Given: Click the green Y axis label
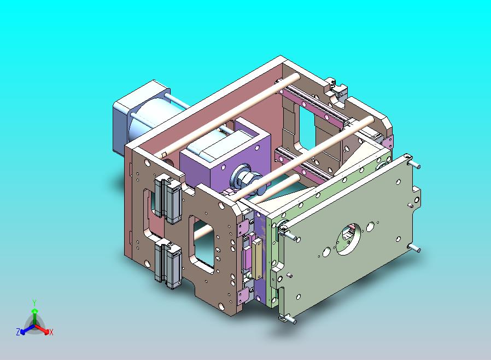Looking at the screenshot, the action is coord(34,303).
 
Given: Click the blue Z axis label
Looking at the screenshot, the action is coord(18,332).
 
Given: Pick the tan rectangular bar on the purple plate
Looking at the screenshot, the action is coord(258,259).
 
